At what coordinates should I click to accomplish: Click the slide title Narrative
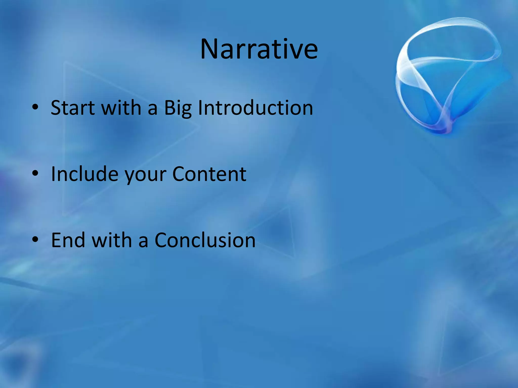(259, 49)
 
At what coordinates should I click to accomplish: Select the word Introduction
(255, 108)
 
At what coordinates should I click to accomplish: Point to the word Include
(84, 174)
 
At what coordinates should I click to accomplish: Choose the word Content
(209, 174)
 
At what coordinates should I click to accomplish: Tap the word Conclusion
(205, 240)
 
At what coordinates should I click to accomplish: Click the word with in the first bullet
(121, 108)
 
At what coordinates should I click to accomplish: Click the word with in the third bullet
(112, 240)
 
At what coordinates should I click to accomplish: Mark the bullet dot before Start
(35, 107)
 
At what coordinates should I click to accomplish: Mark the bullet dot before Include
(35, 173)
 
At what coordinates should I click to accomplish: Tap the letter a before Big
(153, 109)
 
